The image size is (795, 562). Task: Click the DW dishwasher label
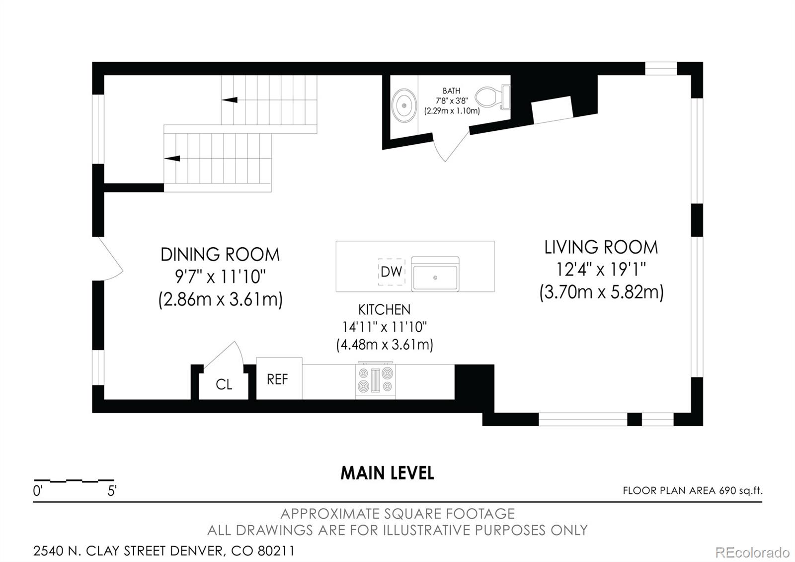click(391, 272)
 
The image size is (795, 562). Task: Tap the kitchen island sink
click(435, 274)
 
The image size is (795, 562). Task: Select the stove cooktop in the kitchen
click(376, 380)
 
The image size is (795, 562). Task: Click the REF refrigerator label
click(277, 379)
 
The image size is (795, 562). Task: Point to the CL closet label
click(224, 384)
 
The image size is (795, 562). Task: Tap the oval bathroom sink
click(404, 105)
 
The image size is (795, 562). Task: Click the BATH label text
click(452, 91)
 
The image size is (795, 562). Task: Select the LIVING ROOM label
click(601, 248)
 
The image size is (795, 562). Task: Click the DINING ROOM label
click(220, 254)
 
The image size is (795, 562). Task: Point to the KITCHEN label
click(385, 310)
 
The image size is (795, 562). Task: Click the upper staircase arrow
click(230, 100)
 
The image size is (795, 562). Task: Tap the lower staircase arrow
click(172, 158)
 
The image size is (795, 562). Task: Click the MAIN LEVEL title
click(387, 473)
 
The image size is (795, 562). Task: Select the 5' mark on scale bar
click(112, 491)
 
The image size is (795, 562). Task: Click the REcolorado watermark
click(752, 553)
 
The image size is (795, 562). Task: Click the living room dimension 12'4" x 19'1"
click(601, 270)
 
